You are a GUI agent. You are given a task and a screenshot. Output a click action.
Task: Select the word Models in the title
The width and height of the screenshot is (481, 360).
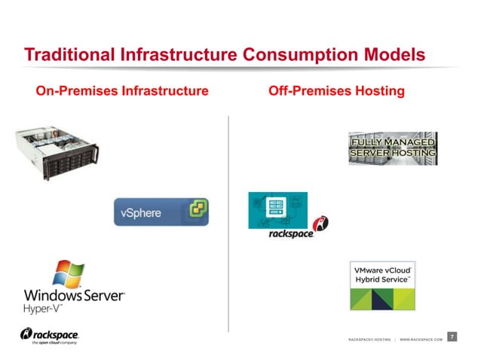(x=393, y=55)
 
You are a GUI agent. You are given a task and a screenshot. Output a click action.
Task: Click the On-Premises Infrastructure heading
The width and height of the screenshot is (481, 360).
(x=122, y=91)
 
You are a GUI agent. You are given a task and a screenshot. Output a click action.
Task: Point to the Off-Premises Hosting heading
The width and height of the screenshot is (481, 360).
(x=336, y=91)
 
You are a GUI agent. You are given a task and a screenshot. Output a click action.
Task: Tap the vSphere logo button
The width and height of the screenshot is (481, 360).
(x=161, y=212)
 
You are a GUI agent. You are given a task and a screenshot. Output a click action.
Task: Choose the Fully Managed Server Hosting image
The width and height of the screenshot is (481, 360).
(x=392, y=148)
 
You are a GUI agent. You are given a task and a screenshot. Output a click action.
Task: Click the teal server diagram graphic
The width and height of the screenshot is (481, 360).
(x=278, y=210)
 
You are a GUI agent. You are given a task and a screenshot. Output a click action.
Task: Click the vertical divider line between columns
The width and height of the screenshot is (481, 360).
(x=228, y=226)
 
